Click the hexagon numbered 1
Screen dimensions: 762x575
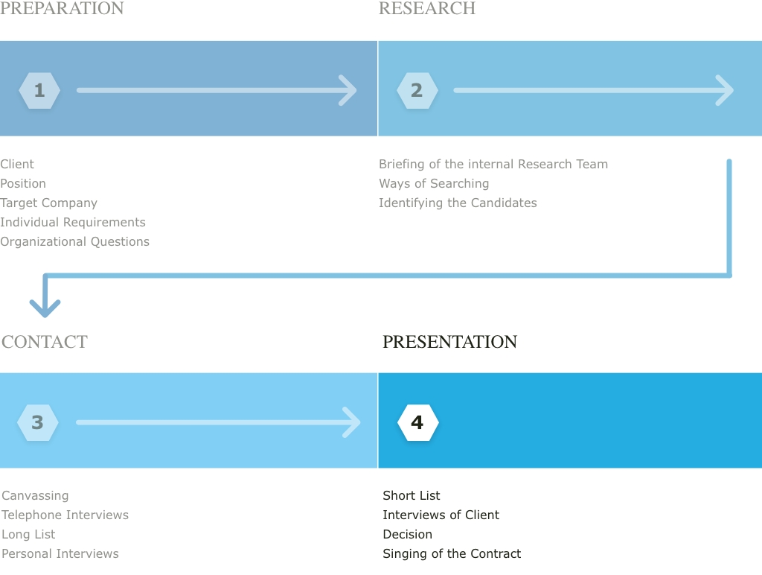[39, 90]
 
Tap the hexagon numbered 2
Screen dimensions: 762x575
[417, 90]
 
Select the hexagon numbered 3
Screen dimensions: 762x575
[37, 423]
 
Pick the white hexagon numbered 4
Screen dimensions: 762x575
[418, 423]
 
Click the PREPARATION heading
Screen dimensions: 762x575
[62, 8]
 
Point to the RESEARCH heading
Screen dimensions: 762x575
[427, 8]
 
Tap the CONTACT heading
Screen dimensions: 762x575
[44, 341]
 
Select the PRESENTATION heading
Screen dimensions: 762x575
[449, 341]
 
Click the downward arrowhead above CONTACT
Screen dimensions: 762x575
[45, 308]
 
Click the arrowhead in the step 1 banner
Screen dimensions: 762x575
[348, 90]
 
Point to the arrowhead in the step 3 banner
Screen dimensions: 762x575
[352, 422]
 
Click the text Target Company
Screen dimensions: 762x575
[48, 203]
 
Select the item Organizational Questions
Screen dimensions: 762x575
[75, 242]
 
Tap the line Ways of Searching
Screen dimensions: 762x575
[434, 183]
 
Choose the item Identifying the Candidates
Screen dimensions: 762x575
[458, 203]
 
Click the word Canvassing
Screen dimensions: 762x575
[35, 496]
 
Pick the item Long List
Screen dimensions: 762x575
[28, 534]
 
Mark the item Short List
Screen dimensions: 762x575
[411, 496]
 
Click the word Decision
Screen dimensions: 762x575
[407, 534]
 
